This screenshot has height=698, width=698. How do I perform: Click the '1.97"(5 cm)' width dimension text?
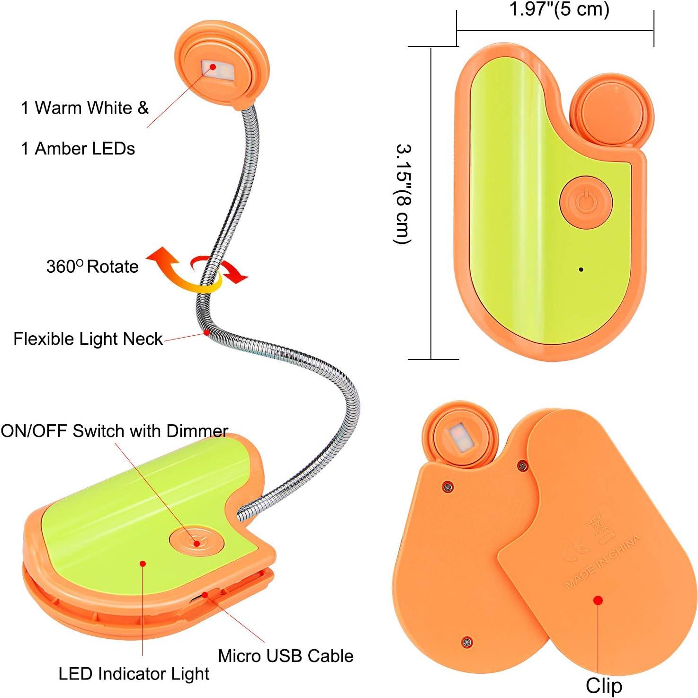559,9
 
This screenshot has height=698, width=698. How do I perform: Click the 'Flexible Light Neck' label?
88,339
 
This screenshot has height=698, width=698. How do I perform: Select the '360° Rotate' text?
92,267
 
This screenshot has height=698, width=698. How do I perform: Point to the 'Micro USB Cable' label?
286,656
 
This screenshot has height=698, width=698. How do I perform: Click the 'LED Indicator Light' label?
134,674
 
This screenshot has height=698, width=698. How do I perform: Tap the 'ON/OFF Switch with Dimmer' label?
114,431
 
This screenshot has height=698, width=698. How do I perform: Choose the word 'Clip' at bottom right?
603,685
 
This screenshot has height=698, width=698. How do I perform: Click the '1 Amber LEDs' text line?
78,149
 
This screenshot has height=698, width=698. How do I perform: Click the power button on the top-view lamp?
586,202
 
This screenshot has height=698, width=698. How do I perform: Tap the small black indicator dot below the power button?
581,269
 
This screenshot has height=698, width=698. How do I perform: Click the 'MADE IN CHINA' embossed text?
602,561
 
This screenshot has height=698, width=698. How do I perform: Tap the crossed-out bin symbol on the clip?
598,528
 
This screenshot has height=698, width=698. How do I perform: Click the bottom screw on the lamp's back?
466,642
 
